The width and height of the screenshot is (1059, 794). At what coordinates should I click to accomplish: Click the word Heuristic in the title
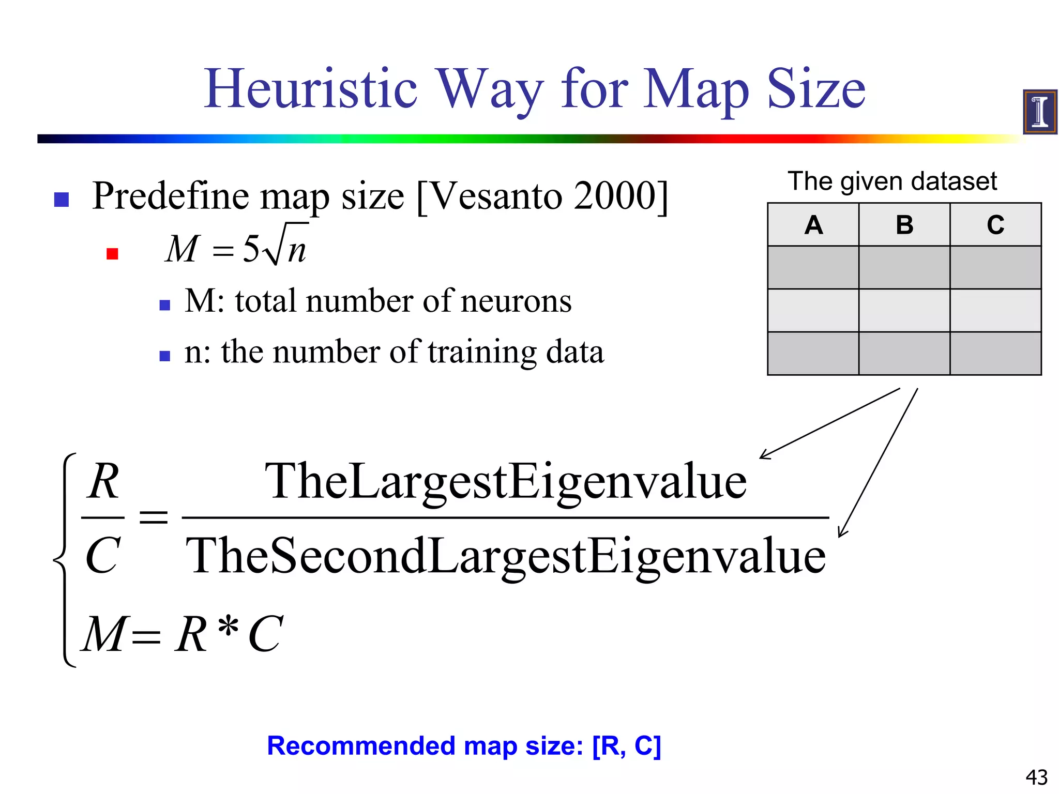pos(310,89)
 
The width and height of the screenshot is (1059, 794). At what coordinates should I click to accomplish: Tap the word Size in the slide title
pos(815,89)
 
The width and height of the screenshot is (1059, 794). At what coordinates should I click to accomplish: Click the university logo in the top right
pos(1039,112)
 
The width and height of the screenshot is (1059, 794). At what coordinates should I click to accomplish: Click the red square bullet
pos(112,253)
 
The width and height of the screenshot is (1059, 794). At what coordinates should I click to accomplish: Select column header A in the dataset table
pos(813,225)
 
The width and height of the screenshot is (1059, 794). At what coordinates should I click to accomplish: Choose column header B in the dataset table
pos(904,225)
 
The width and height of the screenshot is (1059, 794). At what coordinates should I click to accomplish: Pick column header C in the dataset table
pos(995,225)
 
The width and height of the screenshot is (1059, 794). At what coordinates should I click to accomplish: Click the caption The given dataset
pos(892,181)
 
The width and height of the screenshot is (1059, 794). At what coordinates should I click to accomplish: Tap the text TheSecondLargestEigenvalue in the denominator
pos(505,556)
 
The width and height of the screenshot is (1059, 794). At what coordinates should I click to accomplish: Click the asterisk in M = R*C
pos(228,627)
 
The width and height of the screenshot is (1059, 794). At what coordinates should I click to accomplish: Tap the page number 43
pos(1036,777)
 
